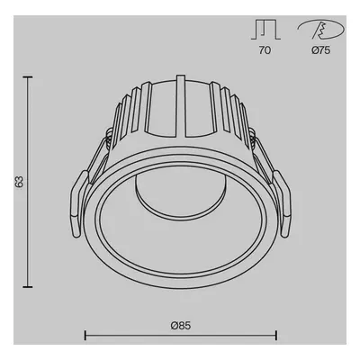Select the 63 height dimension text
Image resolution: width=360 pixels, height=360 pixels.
point(19,182)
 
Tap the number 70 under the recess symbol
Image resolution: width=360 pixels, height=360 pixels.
point(265,50)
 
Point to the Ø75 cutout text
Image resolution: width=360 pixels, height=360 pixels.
point(320,50)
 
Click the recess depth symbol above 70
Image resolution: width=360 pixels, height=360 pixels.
point(265,30)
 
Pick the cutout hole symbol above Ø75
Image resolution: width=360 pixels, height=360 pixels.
point(321,30)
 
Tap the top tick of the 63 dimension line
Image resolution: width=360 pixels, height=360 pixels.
point(28,77)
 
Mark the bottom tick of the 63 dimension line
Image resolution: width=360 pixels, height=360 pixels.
point(28,287)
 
